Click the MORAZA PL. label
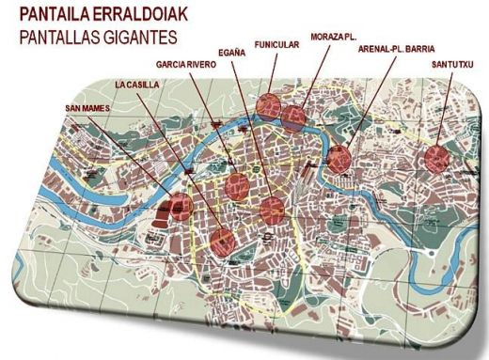coord(333,37)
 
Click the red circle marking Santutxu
coord(436,157)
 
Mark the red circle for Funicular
coord(268,104)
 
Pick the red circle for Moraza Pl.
coord(294,117)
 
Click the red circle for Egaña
coord(273,209)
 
